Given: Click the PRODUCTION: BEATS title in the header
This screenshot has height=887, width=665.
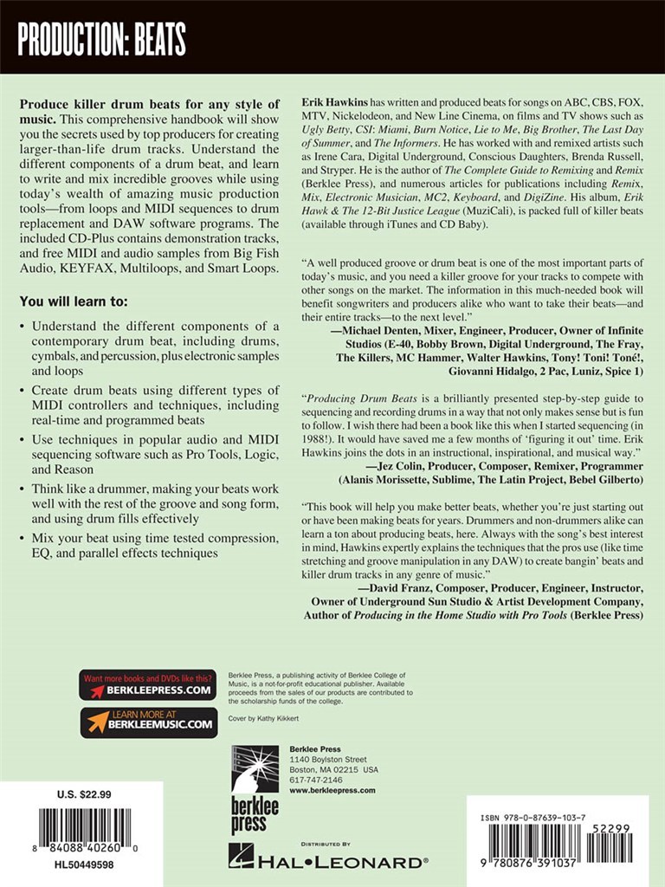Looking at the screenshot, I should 102,39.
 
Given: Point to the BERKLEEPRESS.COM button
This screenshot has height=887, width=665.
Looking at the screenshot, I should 147,684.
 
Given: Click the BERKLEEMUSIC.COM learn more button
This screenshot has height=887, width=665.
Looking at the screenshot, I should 147,722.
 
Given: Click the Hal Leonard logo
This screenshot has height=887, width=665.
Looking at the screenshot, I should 328,859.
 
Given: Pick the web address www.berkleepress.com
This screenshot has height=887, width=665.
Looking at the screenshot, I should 332,790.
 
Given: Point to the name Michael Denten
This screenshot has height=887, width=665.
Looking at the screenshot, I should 391,308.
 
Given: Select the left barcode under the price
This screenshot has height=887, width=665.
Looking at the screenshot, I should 83,829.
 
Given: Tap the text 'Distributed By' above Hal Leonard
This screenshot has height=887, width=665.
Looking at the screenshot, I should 326,842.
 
